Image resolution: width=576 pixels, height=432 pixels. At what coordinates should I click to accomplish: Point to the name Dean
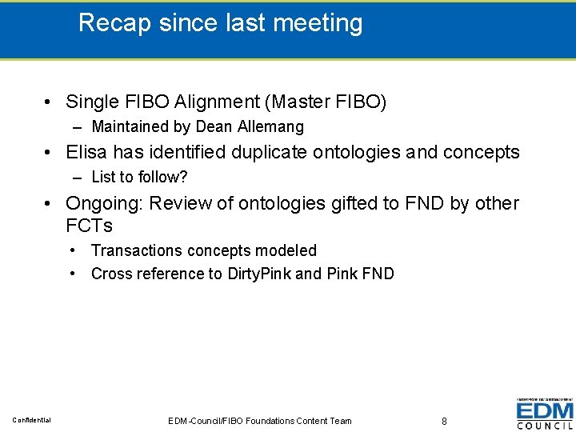[x=214, y=126]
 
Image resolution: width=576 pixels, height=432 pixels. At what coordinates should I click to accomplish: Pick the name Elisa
[x=87, y=152]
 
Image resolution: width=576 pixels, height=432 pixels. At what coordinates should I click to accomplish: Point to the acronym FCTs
[x=89, y=225]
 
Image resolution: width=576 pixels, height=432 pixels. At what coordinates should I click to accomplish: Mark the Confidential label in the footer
[x=32, y=420]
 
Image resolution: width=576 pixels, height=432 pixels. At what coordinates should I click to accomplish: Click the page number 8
[x=444, y=420]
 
